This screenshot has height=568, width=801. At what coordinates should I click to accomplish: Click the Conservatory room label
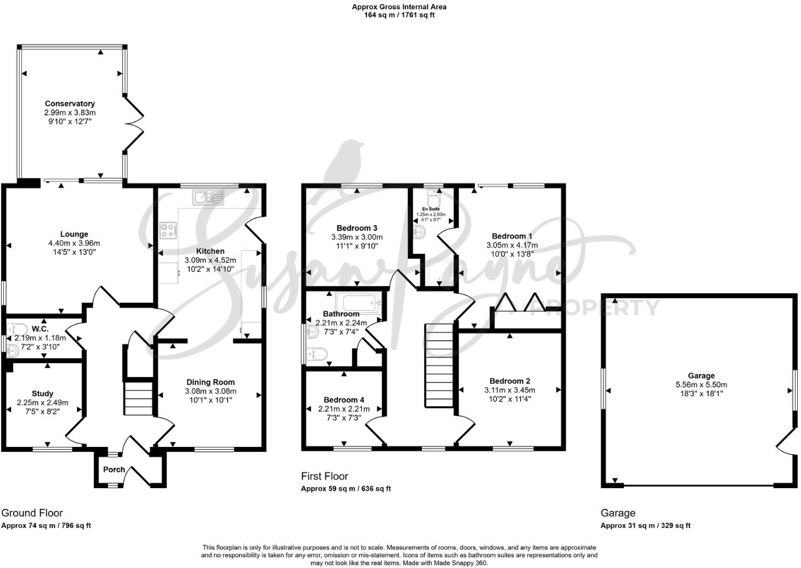point(70,103)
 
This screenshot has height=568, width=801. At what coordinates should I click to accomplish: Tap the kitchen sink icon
point(209,197)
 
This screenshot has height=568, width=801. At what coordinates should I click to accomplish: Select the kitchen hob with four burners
point(169,230)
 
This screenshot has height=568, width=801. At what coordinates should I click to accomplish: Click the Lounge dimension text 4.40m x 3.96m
point(74,243)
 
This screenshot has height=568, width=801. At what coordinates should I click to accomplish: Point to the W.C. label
point(40,329)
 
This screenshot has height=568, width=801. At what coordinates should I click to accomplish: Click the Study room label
point(42,394)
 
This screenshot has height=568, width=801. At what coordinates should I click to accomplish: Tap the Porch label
point(114,469)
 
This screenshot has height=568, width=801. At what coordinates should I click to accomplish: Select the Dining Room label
point(210,382)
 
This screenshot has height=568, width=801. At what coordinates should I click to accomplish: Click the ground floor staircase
point(137,398)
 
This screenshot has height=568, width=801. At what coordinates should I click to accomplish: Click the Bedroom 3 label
point(357,228)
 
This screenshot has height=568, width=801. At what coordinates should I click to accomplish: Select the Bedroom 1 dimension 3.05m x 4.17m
point(512,245)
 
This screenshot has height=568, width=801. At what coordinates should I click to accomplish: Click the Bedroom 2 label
point(509,381)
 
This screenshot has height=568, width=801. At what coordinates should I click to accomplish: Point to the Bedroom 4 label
point(344,400)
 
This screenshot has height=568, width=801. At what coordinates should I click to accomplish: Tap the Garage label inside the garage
point(701,376)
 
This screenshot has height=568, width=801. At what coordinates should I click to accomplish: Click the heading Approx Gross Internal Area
point(399,7)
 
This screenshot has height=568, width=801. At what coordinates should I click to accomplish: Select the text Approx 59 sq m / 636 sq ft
point(345,489)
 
